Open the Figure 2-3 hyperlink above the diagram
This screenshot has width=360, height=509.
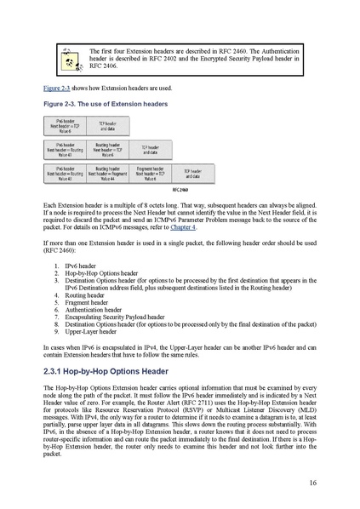click(x=56, y=88)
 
